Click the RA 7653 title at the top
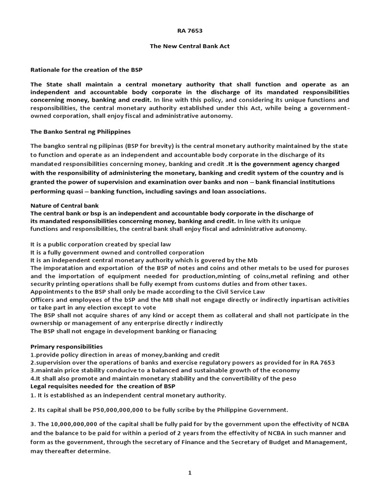[189, 30]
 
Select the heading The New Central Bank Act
[189, 46]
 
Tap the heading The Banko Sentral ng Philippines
[81, 132]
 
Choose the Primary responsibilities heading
[67, 347]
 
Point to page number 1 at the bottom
[189, 473]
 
